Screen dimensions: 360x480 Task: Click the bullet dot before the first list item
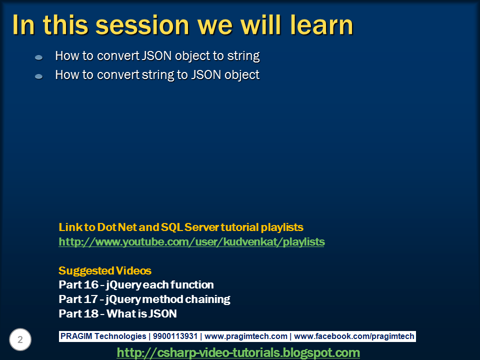(39, 58)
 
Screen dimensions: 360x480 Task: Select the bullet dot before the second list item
(39, 76)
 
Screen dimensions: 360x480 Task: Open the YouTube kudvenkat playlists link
(191, 242)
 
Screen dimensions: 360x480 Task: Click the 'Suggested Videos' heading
(105, 270)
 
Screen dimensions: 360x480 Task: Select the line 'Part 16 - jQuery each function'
(136, 285)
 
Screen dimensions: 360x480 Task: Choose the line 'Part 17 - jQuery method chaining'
(144, 299)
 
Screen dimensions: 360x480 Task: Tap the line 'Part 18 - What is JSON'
(117, 314)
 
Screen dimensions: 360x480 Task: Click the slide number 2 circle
(20, 340)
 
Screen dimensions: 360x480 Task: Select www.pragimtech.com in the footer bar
(246, 336)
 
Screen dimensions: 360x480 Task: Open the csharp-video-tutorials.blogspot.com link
(238, 352)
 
